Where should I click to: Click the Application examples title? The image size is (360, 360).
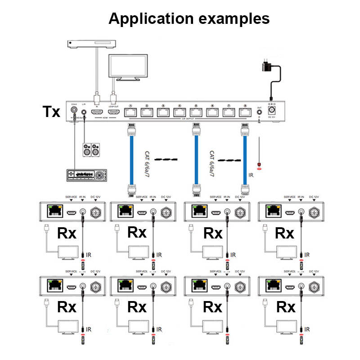pos(189,18)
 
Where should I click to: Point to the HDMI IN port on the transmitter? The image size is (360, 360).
pos(96,111)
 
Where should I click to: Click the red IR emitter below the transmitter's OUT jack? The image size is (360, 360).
pos(259,163)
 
